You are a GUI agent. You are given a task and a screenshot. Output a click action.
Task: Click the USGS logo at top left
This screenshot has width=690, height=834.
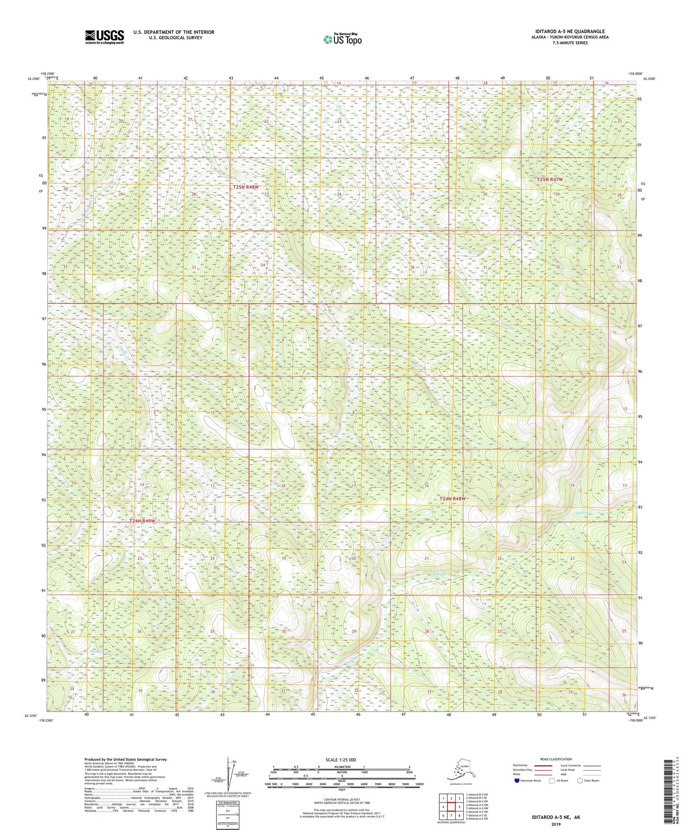click(104, 37)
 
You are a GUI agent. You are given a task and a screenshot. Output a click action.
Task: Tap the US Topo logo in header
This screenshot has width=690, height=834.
click(342, 39)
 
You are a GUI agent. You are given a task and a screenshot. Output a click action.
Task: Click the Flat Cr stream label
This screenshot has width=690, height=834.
click(95, 651)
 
